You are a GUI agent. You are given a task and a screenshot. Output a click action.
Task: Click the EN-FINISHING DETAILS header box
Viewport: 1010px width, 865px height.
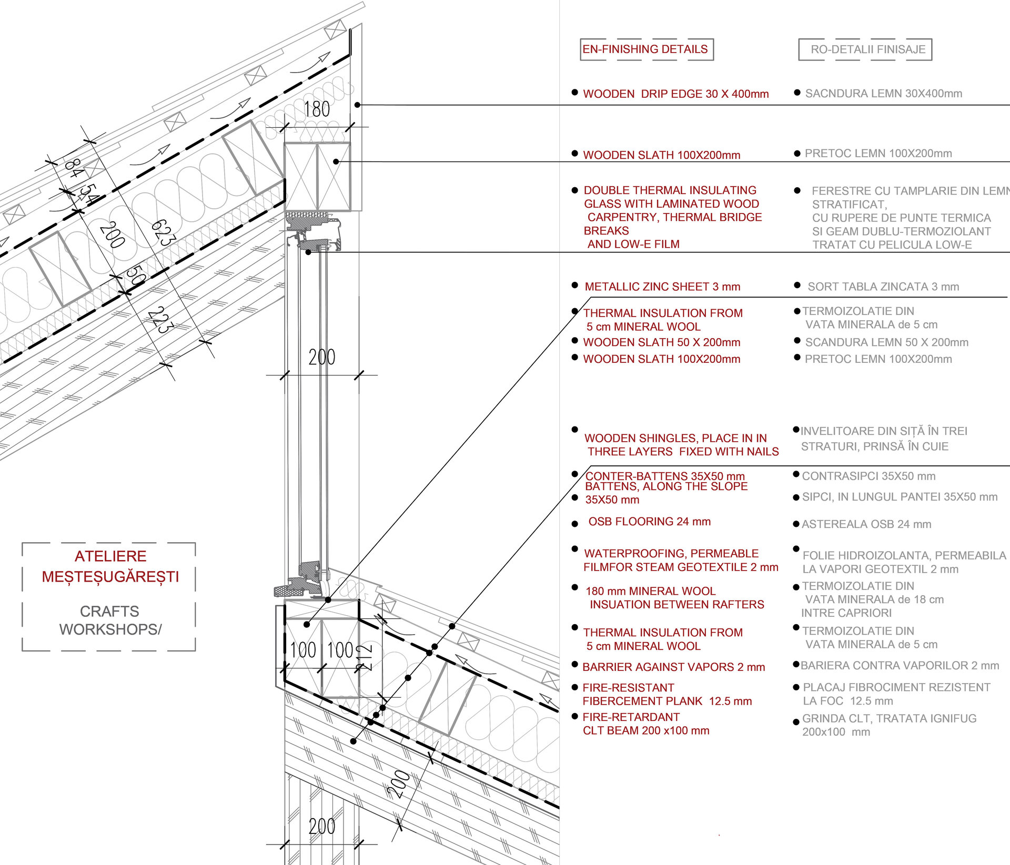(x=647, y=49)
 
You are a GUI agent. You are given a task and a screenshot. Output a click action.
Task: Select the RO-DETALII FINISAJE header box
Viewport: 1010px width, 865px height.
(x=865, y=49)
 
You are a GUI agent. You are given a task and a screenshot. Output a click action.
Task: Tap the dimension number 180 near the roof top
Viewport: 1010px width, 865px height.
(x=317, y=109)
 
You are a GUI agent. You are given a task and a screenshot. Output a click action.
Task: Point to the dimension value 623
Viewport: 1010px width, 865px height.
(x=163, y=232)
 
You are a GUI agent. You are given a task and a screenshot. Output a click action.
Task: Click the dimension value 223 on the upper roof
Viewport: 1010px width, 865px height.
(x=160, y=320)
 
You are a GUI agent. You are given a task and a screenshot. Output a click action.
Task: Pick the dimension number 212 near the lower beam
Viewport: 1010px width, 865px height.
(x=364, y=657)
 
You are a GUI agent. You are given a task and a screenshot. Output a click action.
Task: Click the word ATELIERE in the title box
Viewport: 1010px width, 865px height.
(x=110, y=556)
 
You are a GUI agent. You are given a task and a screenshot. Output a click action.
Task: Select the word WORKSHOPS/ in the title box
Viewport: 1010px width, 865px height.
(x=110, y=629)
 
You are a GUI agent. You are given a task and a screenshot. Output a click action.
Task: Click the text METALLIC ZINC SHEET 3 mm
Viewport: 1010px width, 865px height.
(x=662, y=287)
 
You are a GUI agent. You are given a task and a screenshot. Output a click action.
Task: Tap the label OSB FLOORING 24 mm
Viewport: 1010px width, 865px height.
(x=649, y=522)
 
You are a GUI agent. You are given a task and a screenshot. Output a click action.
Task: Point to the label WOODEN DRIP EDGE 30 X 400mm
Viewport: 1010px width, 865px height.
(x=675, y=94)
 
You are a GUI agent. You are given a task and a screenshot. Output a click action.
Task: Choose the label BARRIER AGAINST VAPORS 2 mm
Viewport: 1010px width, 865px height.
(x=673, y=667)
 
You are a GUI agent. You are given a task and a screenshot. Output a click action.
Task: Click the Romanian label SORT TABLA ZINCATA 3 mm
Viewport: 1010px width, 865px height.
(x=883, y=287)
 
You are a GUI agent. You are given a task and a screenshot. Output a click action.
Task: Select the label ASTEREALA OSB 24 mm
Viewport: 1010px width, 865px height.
(x=866, y=524)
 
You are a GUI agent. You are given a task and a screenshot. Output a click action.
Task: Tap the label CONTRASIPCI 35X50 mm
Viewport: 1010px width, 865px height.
(x=868, y=476)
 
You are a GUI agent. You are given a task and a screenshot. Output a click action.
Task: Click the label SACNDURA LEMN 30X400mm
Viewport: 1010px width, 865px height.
(x=884, y=94)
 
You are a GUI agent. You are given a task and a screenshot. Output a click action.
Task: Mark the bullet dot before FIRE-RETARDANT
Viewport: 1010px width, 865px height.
(x=575, y=716)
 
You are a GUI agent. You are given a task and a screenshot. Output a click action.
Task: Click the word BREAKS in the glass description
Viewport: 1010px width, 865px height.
(x=606, y=231)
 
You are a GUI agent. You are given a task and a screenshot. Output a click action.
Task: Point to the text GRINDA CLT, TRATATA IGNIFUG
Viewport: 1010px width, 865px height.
(x=889, y=718)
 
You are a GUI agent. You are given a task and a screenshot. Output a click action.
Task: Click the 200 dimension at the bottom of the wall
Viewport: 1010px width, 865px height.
(x=322, y=826)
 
